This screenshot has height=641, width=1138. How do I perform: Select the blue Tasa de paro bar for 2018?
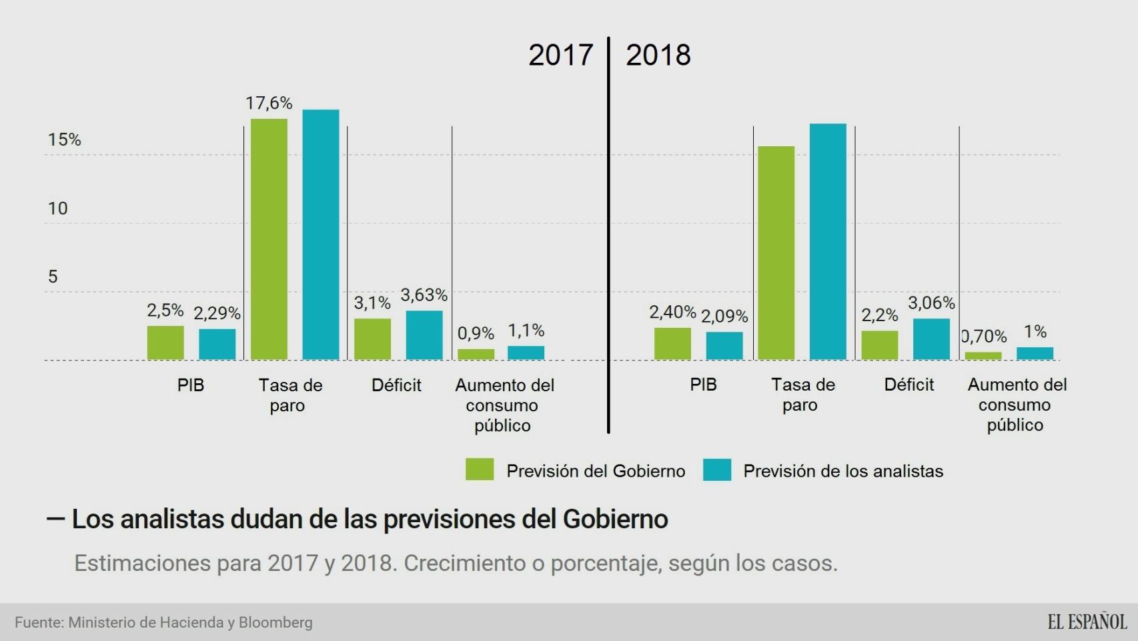(828, 242)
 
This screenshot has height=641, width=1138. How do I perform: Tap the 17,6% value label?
(269, 103)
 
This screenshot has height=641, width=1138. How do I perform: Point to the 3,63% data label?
(424, 295)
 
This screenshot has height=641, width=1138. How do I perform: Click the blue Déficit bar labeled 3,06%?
(931, 339)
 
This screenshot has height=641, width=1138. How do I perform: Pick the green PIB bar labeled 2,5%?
(165, 343)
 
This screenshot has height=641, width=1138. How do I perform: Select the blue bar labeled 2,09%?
(724, 346)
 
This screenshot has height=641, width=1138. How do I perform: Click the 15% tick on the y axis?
(64, 140)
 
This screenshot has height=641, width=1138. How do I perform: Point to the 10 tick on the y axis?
(57, 208)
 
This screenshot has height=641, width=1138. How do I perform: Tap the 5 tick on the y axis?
(53, 276)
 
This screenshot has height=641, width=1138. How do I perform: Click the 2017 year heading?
(560, 55)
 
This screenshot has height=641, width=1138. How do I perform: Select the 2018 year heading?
(658, 55)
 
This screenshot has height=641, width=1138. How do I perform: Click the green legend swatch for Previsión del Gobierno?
(480, 469)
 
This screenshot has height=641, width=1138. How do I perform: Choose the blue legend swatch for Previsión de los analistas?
(717, 469)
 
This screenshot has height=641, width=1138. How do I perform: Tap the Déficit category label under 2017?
(396, 385)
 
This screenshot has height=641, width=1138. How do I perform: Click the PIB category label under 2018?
(703, 385)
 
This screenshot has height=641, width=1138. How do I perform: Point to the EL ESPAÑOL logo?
(1087, 622)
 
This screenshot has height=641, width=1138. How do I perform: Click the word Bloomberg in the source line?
(275, 622)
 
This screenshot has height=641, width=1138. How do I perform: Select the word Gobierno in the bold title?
(615, 519)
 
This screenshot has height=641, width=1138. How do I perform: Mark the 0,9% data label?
(476, 333)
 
